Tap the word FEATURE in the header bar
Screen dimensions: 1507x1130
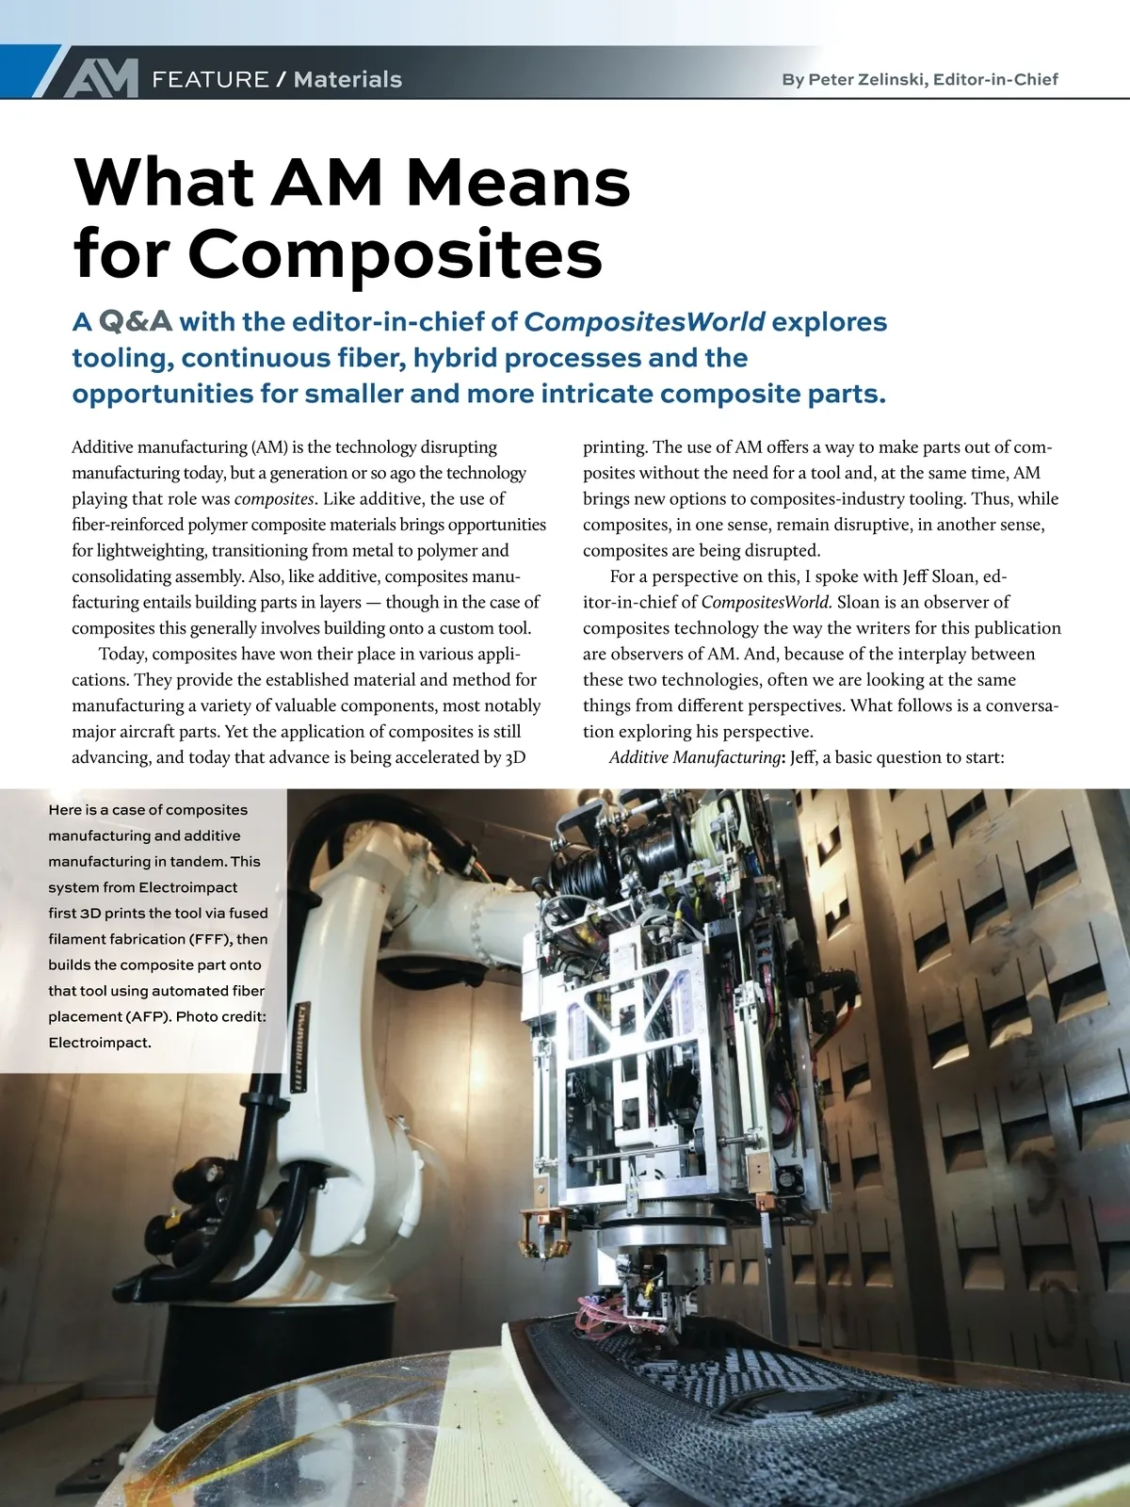(x=210, y=79)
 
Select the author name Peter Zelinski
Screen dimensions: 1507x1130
(x=864, y=79)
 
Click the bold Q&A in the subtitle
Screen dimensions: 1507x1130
(x=136, y=322)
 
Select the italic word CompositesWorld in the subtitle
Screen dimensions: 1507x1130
(x=644, y=322)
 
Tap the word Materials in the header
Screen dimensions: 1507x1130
(x=347, y=79)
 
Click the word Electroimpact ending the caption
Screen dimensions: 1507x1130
(x=100, y=1043)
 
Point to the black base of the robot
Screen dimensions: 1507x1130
(x=311, y=1337)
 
